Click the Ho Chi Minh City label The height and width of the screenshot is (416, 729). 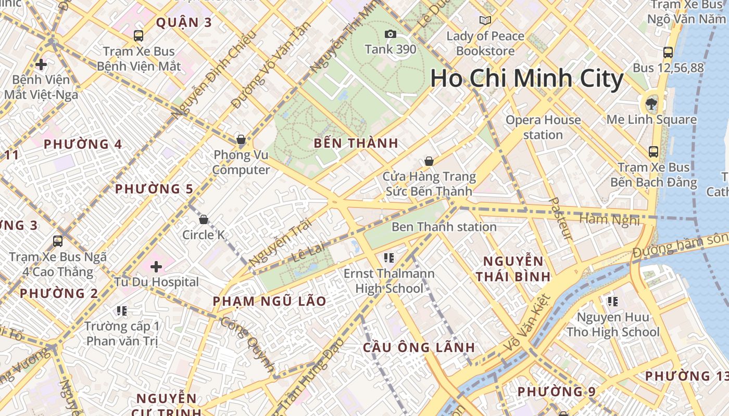[x=526, y=79]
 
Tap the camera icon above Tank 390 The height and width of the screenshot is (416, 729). [x=390, y=34]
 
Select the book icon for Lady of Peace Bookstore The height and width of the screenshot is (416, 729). [x=485, y=20]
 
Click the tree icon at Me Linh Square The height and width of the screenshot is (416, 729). [x=650, y=104]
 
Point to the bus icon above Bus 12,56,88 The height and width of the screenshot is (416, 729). [x=668, y=52]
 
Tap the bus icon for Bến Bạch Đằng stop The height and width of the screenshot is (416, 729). [x=653, y=152]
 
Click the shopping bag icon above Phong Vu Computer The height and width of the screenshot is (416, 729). [x=241, y=139]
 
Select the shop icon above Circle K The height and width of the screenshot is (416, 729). [x=204, y=219]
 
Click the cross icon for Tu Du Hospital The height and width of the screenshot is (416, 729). [x=156, y=267]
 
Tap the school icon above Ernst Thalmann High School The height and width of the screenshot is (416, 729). [x=388, y=257]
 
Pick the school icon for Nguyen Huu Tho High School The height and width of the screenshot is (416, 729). [x=613, y=301]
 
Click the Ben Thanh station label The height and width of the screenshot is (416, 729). [x=444, y=227]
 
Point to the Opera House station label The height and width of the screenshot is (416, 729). [x=543, y=127]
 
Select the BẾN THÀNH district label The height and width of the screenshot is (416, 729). [x=356, y=144]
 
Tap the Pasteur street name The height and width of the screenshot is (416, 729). [x=560, y=219]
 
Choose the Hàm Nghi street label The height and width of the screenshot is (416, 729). [x=609, y=220]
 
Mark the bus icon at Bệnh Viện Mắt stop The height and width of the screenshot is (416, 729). [x=138, y=36]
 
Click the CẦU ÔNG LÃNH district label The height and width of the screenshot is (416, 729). [x=419, y=347]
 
